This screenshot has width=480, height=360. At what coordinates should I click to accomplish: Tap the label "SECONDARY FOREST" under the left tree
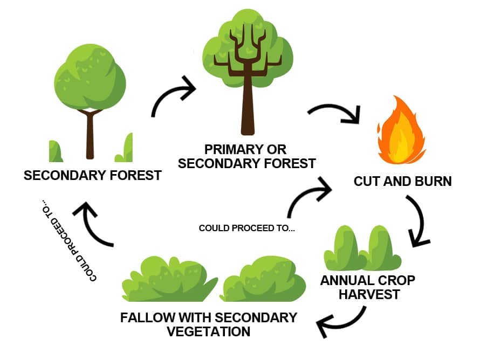click(x=92, y=176)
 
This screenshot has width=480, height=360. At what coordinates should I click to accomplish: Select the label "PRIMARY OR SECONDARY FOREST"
click(x=246, y=157)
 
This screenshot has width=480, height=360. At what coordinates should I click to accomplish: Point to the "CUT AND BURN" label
click(x=402, y=182)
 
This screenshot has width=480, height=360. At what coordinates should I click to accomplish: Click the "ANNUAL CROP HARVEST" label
click(x=368, y=287)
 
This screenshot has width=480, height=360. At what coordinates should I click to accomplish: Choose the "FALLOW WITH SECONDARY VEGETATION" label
click(x=209, y=324)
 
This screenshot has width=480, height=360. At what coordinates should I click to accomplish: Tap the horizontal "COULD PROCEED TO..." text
click(x=247, y=228)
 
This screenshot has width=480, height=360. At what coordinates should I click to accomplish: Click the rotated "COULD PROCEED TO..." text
click(x=69, y=240)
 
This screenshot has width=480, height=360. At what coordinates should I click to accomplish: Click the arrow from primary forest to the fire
click(x=337, y=108)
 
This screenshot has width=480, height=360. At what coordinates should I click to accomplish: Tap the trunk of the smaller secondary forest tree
click(x=90, y=135)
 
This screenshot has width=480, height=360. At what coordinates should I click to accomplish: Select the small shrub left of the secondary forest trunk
click(x=56, y=151)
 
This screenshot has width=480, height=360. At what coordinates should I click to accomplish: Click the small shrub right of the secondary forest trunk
click(x=124, y=148)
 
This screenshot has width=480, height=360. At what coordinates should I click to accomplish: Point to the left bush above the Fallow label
click(x=170, y=280)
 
